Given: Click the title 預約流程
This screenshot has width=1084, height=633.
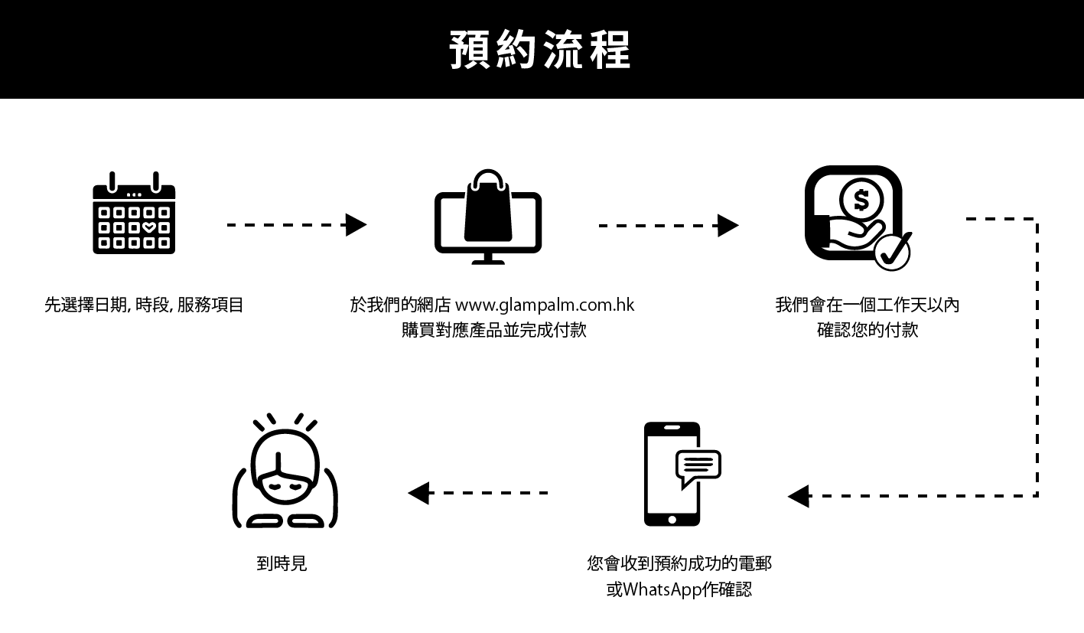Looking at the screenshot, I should pyautogui.click(x=540, y=51).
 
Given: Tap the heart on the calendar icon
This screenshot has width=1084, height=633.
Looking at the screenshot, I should pyautogui.click(x=148, y=227).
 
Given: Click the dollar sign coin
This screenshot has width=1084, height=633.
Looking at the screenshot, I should pyautogui.click(x=861, y=201).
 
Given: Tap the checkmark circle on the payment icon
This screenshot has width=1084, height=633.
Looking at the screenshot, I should pyautogui.click(x=891, y=251).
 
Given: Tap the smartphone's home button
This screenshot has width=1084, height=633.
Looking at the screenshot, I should pyautogui.click(x=672, y=519).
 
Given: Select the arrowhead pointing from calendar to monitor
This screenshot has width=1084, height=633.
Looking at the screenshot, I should pyautogui.click(x=356, y=225).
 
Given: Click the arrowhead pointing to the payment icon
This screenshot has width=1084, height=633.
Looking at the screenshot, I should pyautogui.click(x=728, y=226).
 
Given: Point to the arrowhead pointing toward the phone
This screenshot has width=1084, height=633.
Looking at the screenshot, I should pyautogui.click(x=799, y=496).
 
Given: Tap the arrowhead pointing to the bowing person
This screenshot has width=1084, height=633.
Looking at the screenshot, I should pyautogui.click(x=418, y=493).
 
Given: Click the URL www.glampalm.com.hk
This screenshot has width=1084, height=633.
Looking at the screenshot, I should pyautogui.click(x=545, y=305).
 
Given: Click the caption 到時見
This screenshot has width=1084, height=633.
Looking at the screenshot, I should pyautogui.click(x=282, y=564).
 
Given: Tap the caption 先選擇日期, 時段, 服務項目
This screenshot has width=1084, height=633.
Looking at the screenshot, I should pyautogui.click(x=144, y=305).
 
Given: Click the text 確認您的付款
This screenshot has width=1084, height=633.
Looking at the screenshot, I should pyautogui.click(x=867, y=331).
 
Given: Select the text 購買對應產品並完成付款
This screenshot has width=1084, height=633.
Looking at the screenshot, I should pyautogui.click(x=493, y=331).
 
